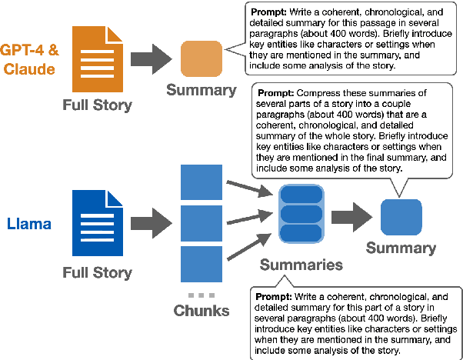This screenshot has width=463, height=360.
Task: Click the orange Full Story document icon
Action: [98, 59]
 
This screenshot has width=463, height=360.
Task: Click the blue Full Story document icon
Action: [98, 223]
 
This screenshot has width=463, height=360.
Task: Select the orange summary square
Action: [202, 58]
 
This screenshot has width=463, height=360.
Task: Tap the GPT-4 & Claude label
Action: [29, 59]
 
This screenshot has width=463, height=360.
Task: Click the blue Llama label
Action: [29, 224]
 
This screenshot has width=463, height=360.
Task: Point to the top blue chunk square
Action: [202, 182]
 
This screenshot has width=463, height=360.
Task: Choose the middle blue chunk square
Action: [202, 224]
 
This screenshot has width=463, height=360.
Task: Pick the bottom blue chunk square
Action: [202, 264]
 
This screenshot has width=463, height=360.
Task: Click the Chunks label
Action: [202, 311]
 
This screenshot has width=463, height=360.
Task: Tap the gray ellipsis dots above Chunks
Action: [202, 295]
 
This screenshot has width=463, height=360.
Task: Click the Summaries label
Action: [301, 265]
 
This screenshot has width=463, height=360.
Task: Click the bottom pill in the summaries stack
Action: [301, 234]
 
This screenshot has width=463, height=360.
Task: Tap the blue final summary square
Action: [401, 217]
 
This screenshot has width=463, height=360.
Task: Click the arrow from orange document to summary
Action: [152, 59]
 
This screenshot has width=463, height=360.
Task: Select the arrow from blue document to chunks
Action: [152, 223]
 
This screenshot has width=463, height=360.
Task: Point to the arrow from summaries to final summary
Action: [352, 217]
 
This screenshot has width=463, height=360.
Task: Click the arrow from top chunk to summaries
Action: [249, 188]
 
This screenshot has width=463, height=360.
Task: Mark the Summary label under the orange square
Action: [202, 90]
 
